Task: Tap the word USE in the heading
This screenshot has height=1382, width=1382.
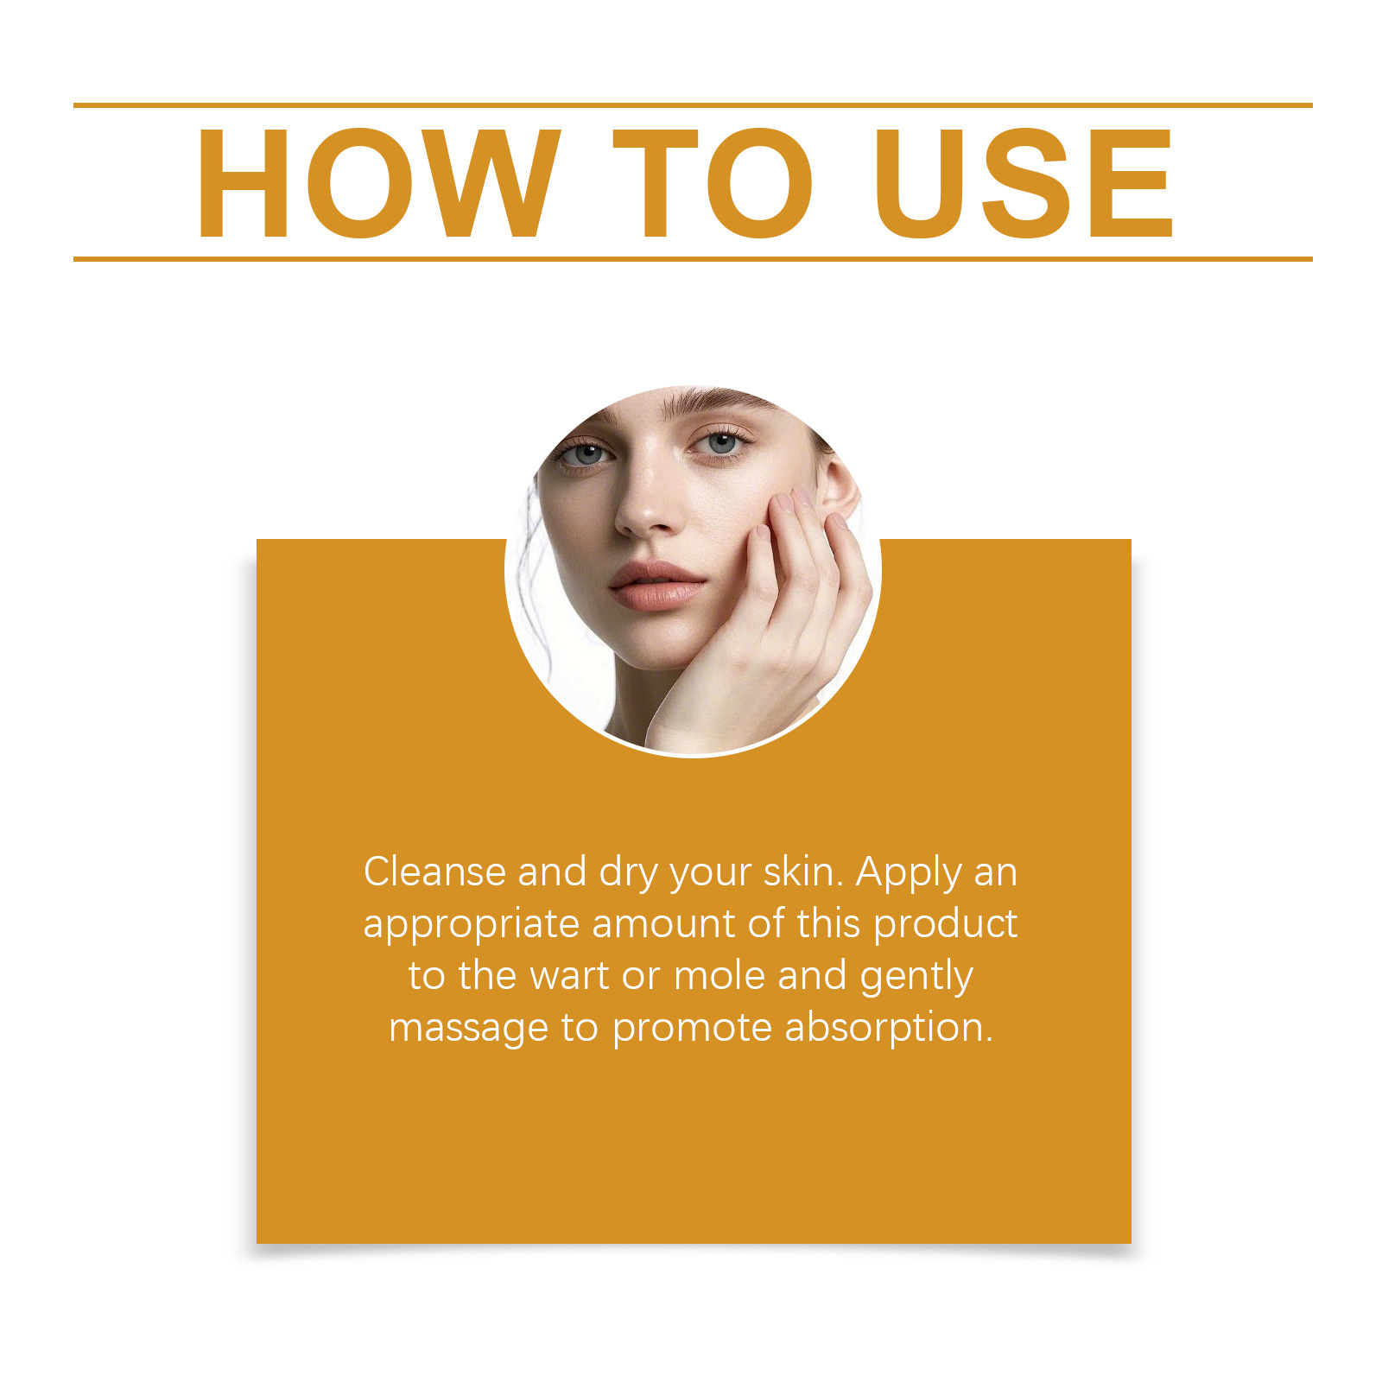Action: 1024,182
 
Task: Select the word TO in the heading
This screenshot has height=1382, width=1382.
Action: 713,182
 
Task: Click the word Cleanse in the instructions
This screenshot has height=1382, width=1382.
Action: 434,872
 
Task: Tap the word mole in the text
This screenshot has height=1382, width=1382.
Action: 720,976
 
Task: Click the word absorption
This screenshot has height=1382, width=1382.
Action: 889,1028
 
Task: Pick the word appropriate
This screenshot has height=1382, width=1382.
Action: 471,925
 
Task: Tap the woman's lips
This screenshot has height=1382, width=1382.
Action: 656,586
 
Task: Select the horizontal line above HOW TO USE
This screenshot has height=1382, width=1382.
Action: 693,105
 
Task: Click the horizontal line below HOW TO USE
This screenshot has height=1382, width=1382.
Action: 693,258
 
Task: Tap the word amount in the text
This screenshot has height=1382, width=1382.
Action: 664,924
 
